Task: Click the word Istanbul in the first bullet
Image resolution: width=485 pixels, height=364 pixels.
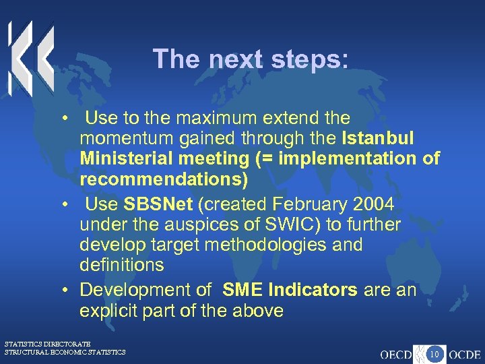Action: (x=379, y=139)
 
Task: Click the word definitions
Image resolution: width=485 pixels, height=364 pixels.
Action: (x=121, y=265)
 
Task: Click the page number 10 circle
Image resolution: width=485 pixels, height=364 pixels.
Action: (x=435, y=352)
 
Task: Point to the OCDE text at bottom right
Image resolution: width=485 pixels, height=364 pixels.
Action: (x=464, y=353)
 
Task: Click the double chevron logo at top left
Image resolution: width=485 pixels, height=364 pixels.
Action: (x=30, y=57)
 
